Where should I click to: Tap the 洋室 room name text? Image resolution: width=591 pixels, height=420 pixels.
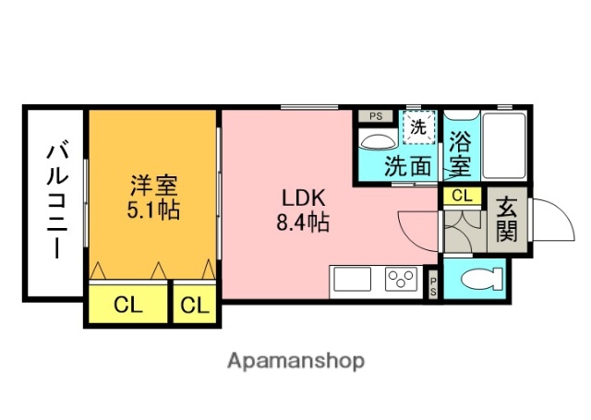coord(153,185)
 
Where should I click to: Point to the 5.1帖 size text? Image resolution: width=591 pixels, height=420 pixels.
coord(153,209)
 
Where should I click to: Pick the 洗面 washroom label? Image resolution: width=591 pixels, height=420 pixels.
coord(408,166)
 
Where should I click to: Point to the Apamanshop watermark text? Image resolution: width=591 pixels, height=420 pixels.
coord(296,360)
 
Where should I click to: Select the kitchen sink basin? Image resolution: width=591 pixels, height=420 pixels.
coord(352,279)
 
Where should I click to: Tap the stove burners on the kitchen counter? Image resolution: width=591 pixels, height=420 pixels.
coord(402,279)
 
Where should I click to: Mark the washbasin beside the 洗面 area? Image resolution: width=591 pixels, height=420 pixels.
coord(376,141)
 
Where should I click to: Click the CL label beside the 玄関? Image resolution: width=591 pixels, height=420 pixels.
coord(461,196)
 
